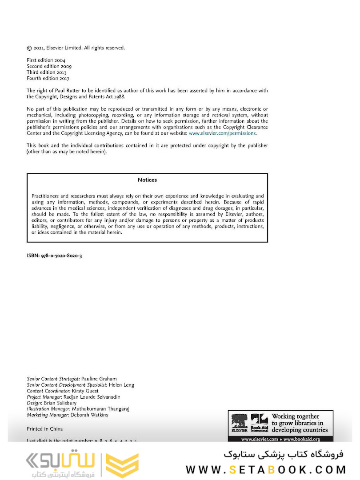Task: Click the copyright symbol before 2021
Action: point(29,48)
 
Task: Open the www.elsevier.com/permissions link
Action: point(222,133)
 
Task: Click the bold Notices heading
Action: point(147,180)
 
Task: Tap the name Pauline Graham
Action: point(103,379)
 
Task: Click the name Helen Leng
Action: point(122,385)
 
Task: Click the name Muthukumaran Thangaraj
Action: point(100,409)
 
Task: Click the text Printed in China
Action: point(45,429)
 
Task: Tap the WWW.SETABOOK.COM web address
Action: point(265,469)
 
